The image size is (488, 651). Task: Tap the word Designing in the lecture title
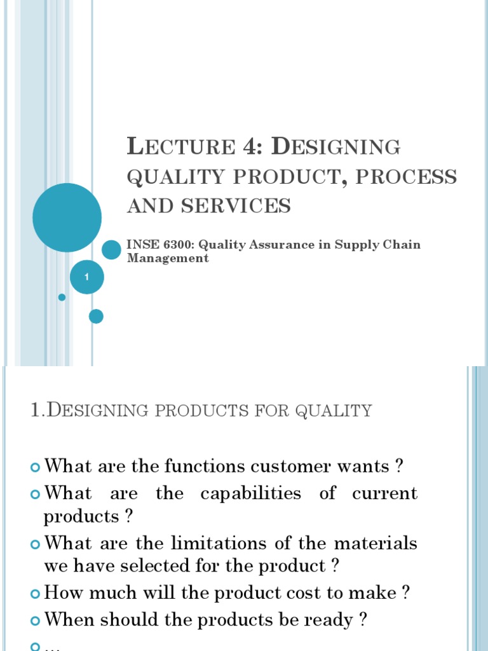pyautogui.click(x=336, y=147)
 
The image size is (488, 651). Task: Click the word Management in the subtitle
pyautogui.click(x=168, y=258)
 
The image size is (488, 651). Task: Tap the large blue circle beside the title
pyautogui.click(x=67, y=217)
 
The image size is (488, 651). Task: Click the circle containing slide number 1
pyautogui.click(x=86, y=277)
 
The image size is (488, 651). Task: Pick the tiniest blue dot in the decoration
pyautogui.click(x=62, y=297)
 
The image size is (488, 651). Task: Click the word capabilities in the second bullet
pyautogui.click(x=250, y=493)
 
